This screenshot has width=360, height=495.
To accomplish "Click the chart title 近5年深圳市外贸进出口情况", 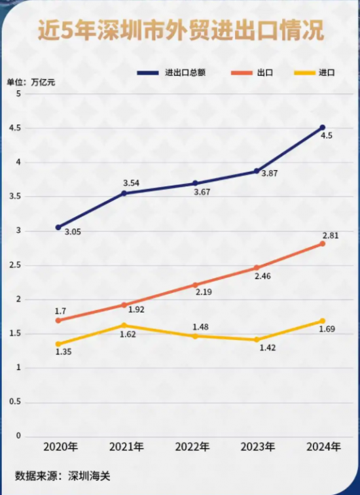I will [180, 31].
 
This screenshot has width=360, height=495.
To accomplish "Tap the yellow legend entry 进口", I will [327, 73].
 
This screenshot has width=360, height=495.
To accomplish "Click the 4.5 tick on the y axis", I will [18, 128].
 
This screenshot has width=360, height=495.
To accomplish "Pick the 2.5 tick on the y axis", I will [18, 265].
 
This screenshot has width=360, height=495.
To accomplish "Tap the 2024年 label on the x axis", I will [323, 448].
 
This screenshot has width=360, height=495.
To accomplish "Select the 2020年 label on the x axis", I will [60, 448].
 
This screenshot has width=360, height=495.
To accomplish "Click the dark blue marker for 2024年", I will [322, 128].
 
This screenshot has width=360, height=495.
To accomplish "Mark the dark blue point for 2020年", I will [58, 227].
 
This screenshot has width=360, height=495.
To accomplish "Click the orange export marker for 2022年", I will [194, 285].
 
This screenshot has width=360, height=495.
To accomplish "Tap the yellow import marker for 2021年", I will [124, 325].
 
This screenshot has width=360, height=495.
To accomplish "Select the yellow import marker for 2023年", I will [257, 339].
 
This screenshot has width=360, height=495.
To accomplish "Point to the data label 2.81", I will [330, 233].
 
